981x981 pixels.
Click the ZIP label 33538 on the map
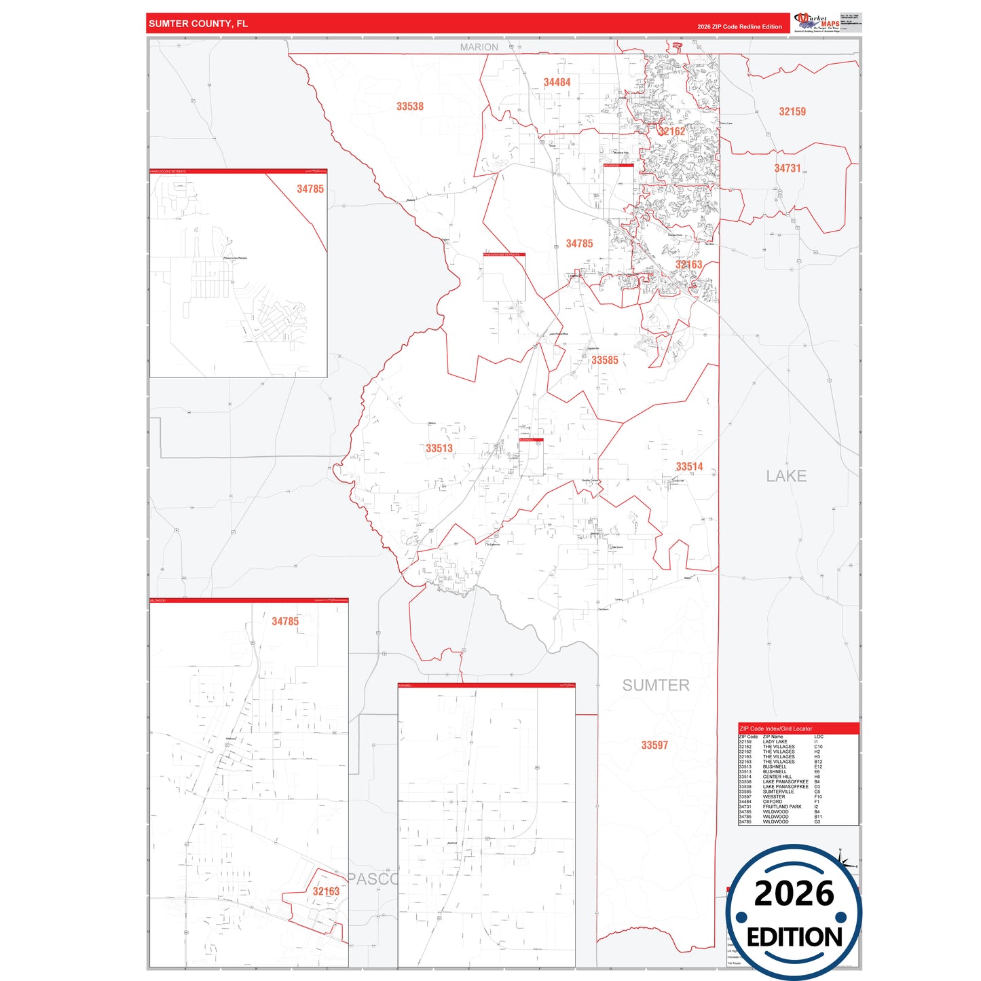click(410, 107)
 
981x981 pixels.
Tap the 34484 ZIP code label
click(557, 82)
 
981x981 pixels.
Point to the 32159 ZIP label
click(792, 112)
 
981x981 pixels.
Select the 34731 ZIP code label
click(788, 168)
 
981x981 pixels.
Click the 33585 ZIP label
click(604, 360)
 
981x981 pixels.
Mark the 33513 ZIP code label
click(439, 449)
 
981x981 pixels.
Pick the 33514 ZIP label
click(689, 467)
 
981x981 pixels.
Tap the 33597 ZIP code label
click(654, 745)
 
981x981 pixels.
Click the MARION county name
click(479, 47)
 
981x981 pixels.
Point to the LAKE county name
click(786, 477)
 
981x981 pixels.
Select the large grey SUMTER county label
click(656, 686)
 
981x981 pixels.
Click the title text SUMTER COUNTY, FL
click(198, 24)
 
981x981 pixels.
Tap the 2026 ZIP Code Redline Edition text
click(739, 27)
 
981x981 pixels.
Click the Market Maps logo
click(817, 22)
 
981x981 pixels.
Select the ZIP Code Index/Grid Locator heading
click(775, 728)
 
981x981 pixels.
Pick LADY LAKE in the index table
click(775, 742)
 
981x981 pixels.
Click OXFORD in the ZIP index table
click(772, 802)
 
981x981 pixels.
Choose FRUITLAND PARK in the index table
click(782, 807)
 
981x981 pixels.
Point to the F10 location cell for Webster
click(817, 797)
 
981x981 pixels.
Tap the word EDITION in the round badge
click(794, 938)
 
